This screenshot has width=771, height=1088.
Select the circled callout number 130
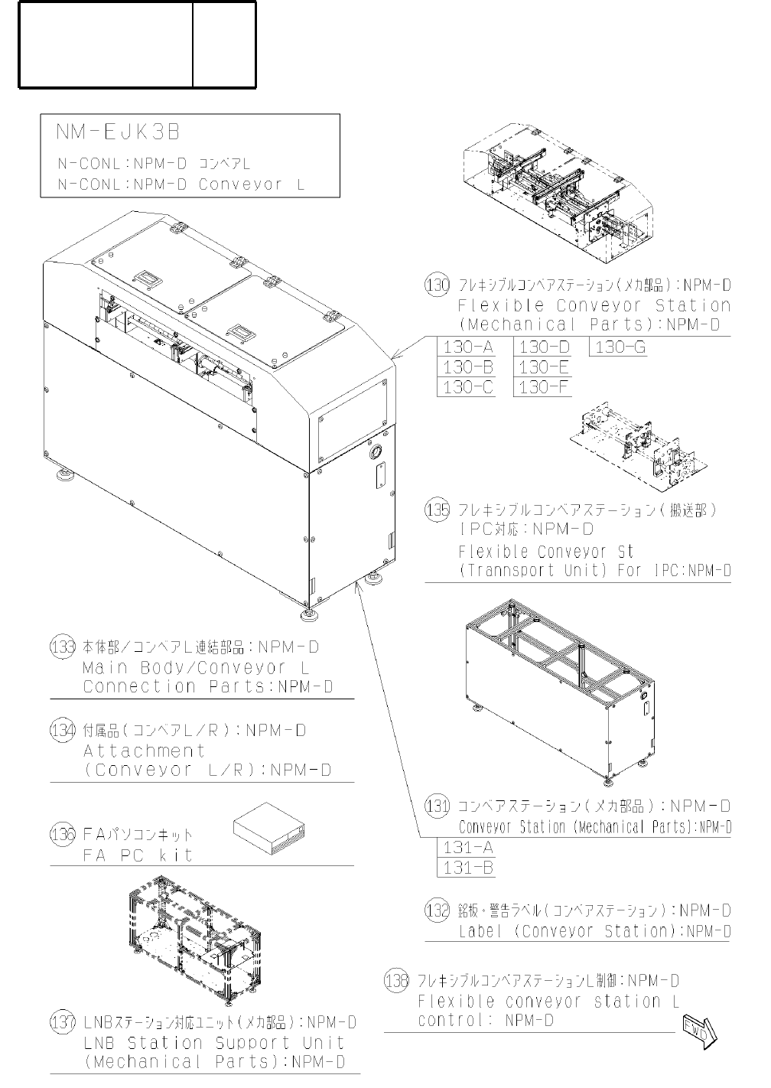[438, 286]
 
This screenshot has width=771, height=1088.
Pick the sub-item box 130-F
[544, 387]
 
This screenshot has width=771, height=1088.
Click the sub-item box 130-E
[544, 368]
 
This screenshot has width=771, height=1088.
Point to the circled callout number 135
[438, 510]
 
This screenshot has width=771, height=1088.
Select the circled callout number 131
[437, 806]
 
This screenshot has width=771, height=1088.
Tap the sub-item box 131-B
[467, 868]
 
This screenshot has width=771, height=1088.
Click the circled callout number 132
[437, 911]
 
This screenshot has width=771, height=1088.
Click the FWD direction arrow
[699, 1029]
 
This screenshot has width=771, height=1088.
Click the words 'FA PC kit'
[137, 855]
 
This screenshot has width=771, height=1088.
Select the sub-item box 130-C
[468, 387]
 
